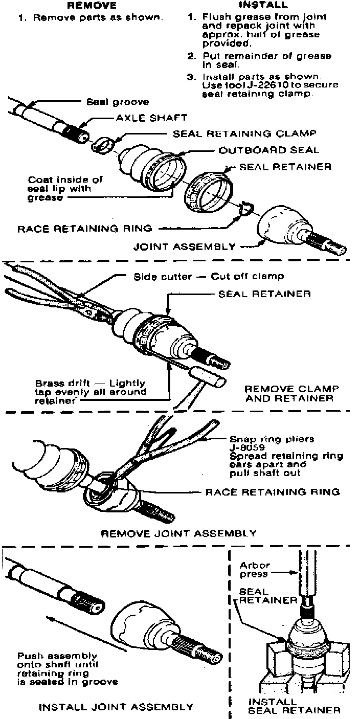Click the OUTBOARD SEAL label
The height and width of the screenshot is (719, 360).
coord(268,150)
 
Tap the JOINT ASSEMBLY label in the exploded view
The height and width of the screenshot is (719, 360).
coord(185,246)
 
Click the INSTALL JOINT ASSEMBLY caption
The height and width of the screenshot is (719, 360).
coord(117,707)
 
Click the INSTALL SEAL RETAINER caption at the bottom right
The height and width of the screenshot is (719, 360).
coord(294,706)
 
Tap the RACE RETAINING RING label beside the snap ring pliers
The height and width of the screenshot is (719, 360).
coord(273,492)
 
